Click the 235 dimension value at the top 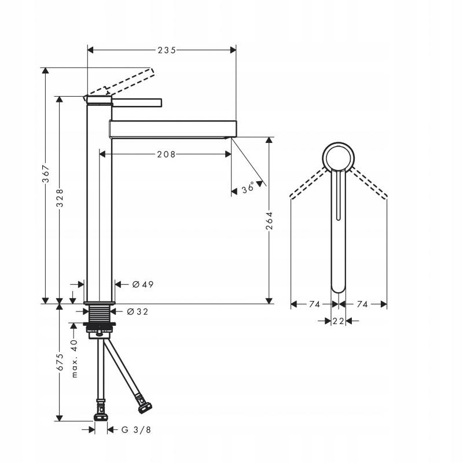coord(167,50)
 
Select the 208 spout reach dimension coord(166,154)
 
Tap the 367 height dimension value coord(46,174)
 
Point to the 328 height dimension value coord(60,198)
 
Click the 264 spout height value coord(269,221)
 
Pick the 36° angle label coord(248,188)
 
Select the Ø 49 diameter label coord(143,284)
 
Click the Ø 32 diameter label coord(138,311)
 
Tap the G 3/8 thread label coord(136,429)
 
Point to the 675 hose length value coord(60,362)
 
